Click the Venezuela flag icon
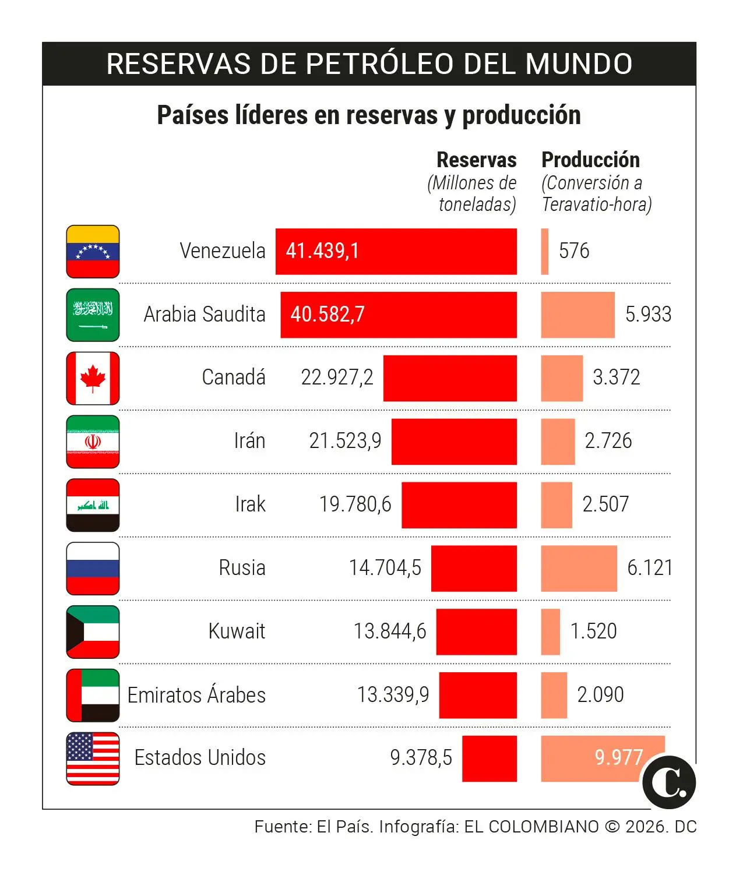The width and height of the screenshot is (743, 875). pyautogui.click(x=93, y=251)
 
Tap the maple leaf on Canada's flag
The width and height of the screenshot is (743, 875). pyautogui.click(x=93, y=378)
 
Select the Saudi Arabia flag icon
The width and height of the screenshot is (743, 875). pyautogui.click(x=93, y=315)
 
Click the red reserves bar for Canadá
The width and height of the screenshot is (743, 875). pyautogui.click(x=449, y=378)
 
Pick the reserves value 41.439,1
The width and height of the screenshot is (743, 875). pyautogui.click(x=322, y=251)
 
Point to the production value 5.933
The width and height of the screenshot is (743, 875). pyautogui.click(x=647, y=315)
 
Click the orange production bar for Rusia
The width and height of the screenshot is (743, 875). pyautogui.click(x=578, y=569)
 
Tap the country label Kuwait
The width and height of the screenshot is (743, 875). pyautogui.click(x=237, y=631)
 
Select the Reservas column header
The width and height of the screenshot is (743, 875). pyautogui.click(x=476, y=160)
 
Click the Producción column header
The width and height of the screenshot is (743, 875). pyautogui.click(x=590, y=160)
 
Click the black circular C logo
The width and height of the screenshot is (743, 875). pyautogui.click(x=669, y=782)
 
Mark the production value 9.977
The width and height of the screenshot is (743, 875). pyautogui.click(x=618, y=758)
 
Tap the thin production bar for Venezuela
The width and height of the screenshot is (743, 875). pyautogui.click(x=545, y=251)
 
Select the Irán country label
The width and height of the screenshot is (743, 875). pyautogui.click(x=249, y=441)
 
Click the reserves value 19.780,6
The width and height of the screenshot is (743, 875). pyautogui.click(x=355, y=504)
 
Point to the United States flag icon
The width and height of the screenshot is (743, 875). pyautogui.click(x=93, y=758)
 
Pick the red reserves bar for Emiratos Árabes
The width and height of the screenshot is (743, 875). pyautogui.click(x=477, y=695)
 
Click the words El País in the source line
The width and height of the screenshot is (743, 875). pyautogui.click(x=344, y=827)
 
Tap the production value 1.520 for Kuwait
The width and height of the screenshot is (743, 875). pyautogui.click(x=593, y=631)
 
